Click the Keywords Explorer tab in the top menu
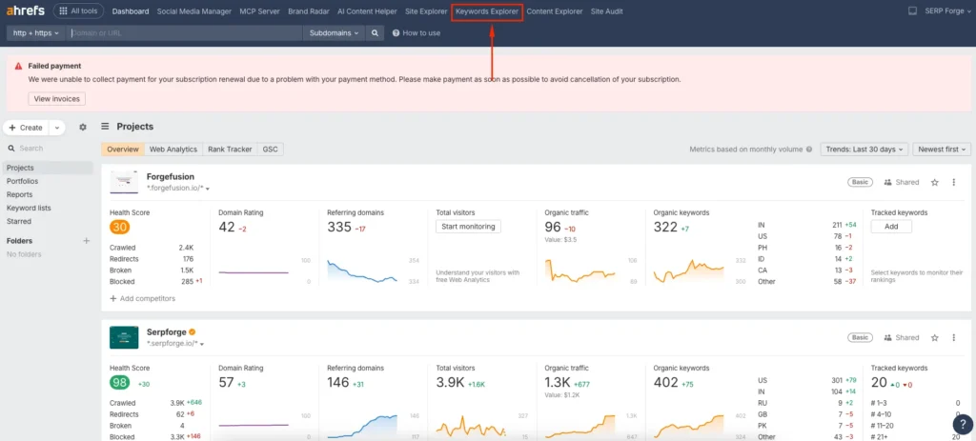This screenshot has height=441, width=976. tap(487, 11)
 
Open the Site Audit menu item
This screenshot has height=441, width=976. tap(606, 11)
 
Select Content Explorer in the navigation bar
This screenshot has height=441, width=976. tap(555, 11)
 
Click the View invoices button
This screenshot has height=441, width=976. tap(57, 98)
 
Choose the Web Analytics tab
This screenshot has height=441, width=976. tap(173, 150)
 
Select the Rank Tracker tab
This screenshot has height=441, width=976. tap(230, 150)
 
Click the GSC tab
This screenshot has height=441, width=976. tap(271, 150)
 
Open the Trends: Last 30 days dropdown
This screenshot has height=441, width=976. tap(864, 150)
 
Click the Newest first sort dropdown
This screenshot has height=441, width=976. tap(942, 150)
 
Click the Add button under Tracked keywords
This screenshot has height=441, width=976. tap(891, 227)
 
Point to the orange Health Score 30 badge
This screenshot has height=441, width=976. tap(119, 227)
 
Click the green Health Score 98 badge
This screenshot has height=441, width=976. tap(119, 382)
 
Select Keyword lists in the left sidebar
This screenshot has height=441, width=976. tap(29, 208)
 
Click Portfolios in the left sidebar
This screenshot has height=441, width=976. tap(23, 181)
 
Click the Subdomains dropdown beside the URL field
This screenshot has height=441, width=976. tap(334, 32)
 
